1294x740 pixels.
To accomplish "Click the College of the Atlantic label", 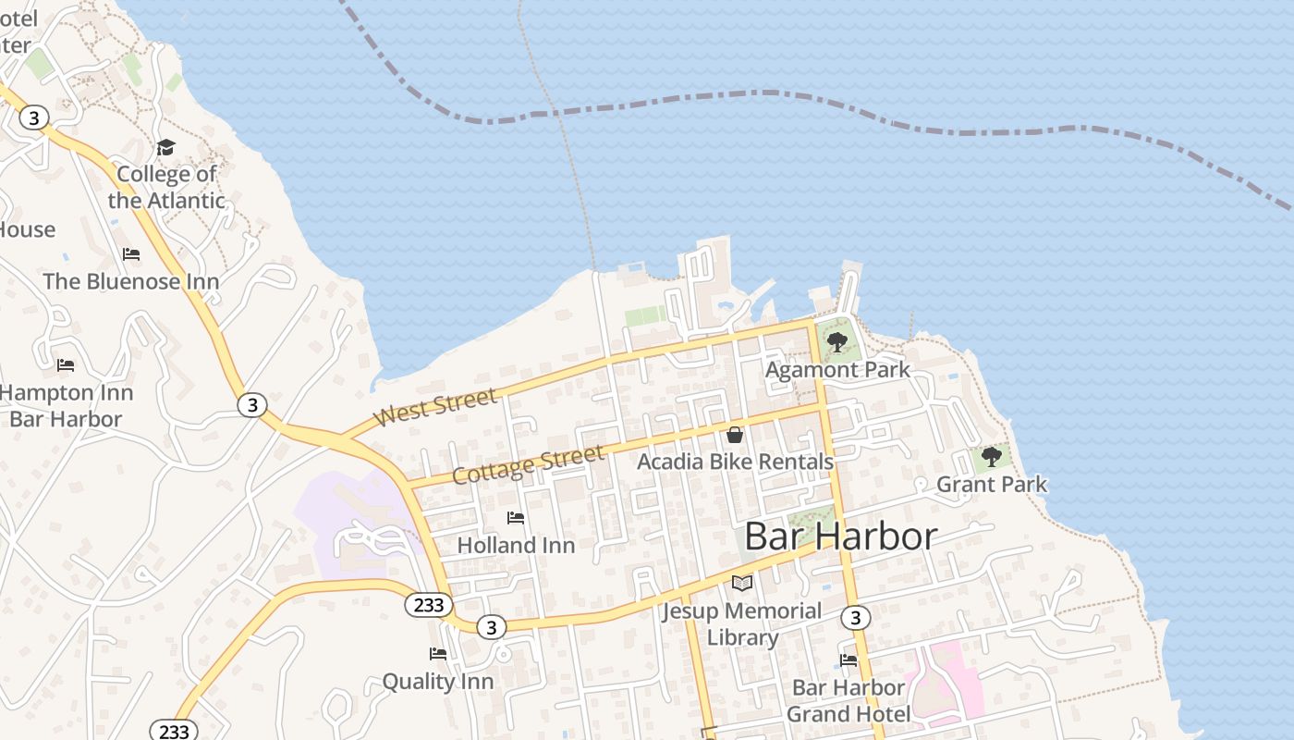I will (166, 187).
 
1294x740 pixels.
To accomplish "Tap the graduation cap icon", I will (165, 148).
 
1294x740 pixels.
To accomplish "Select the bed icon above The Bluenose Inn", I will (131, 254).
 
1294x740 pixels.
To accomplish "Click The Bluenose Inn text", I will (131, 281).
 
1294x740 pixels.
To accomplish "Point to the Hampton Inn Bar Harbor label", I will (66, 405).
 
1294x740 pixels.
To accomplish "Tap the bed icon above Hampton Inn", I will (66, 365).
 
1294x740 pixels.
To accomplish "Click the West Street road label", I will (435, 408).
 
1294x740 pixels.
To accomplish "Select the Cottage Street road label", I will (529, 463).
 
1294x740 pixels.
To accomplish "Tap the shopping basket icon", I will (735, 435).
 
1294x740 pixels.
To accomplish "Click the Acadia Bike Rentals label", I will (735, 461).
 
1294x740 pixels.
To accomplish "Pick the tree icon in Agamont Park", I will (837, 342).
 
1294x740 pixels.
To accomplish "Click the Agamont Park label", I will (837, 369).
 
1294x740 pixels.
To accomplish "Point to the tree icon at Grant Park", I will (992, 457).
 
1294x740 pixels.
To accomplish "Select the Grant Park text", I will (992, 484).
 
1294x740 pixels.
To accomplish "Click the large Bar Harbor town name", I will (840, 536).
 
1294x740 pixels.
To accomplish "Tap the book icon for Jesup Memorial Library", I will (742, 583).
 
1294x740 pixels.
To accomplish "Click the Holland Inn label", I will (516, 545).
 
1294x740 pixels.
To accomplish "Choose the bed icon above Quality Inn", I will (438, 654).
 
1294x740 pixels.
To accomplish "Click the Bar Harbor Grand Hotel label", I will (848, 700).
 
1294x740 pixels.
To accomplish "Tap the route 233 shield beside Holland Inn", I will (429, 605).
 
